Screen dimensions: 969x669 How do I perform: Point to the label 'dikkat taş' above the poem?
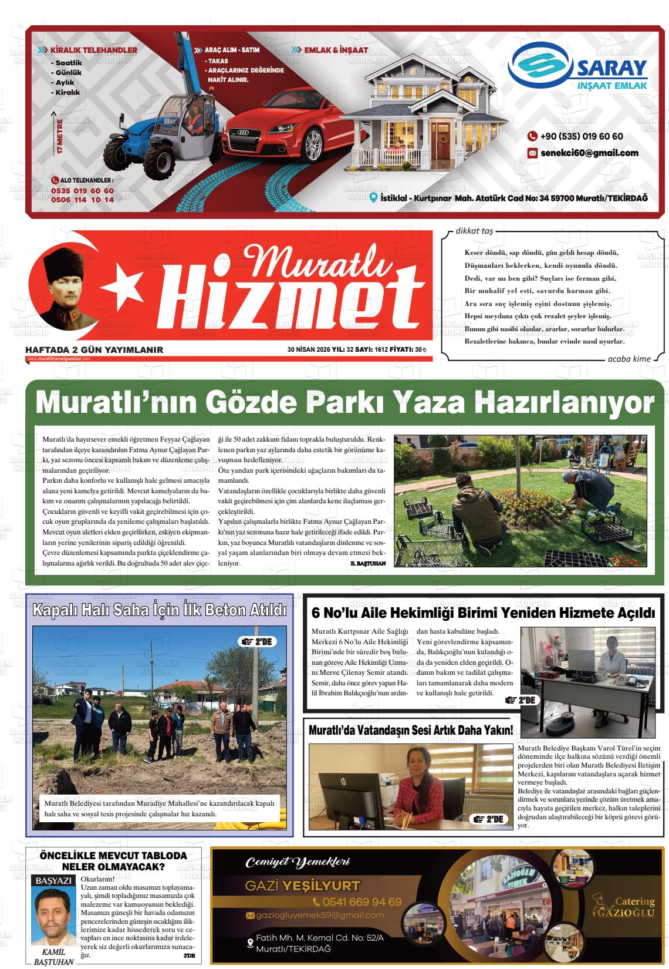point(474,231)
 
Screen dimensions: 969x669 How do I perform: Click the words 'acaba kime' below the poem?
point(629,359)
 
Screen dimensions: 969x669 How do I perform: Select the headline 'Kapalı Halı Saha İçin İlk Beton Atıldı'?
point(160,610)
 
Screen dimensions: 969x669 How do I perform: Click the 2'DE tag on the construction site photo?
point(257,641)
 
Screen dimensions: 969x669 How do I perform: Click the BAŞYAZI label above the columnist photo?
point(53,881)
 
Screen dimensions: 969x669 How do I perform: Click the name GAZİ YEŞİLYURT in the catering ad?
point(303,886)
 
